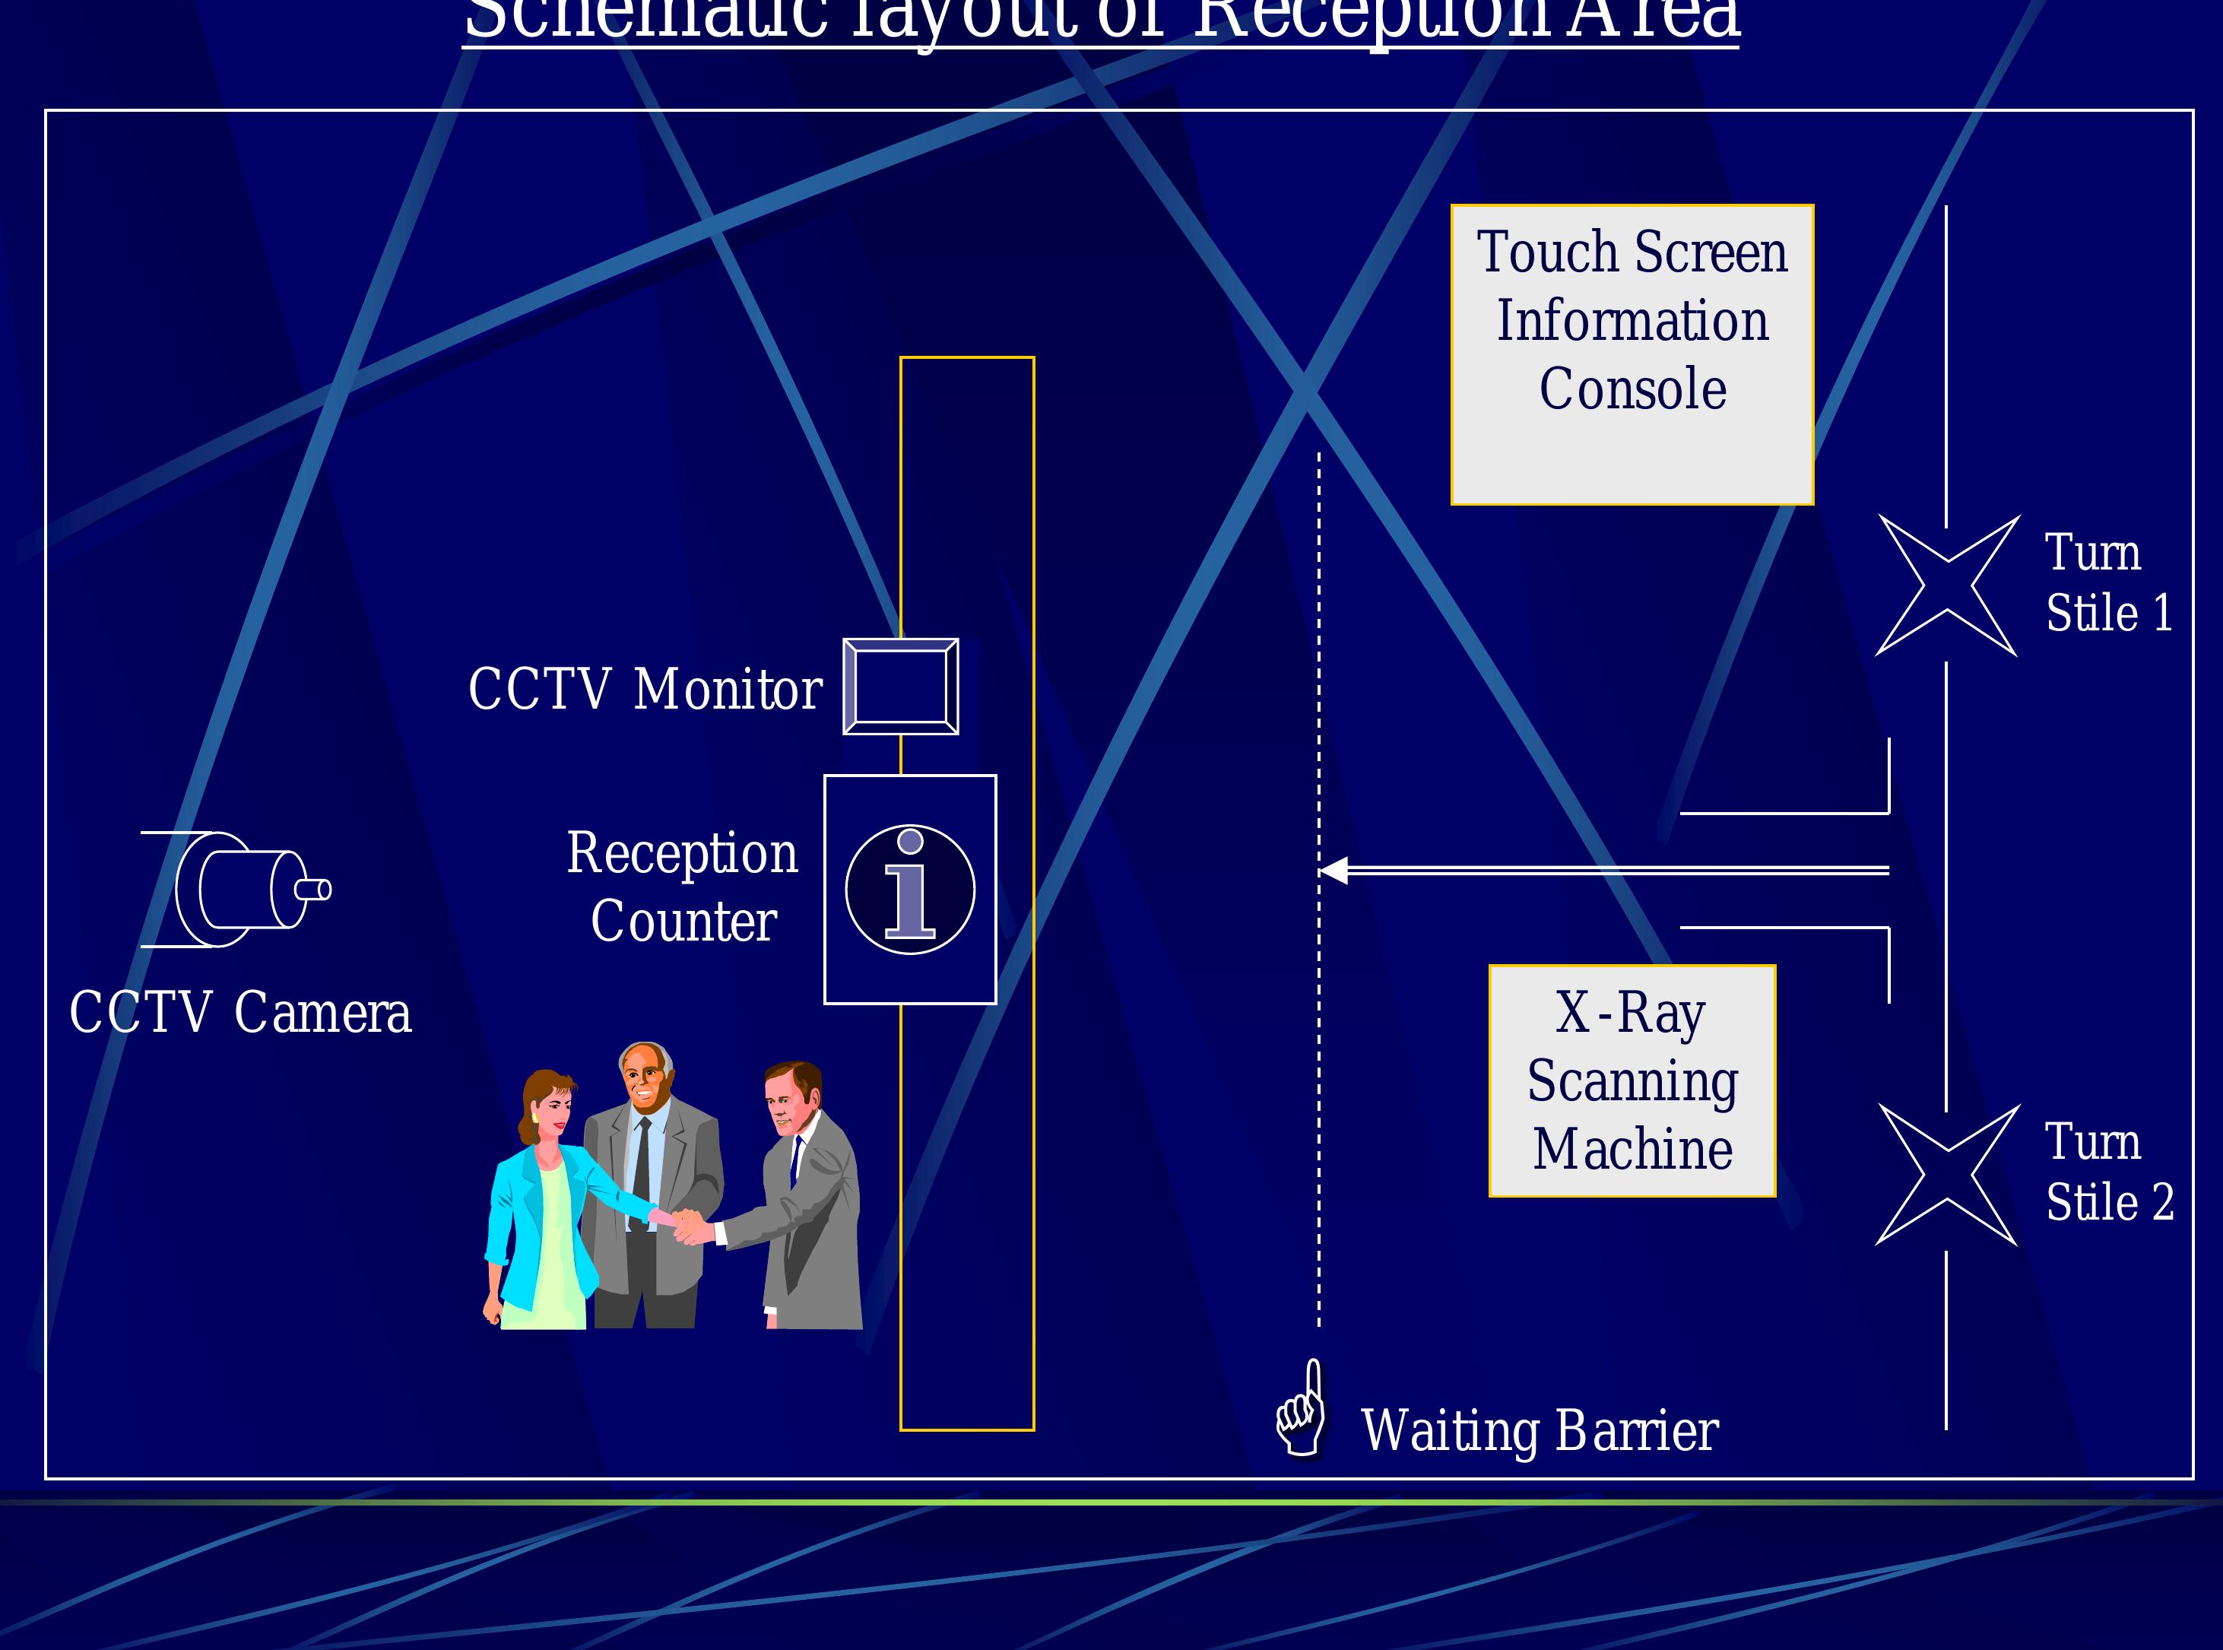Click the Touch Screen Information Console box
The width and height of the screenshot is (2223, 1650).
[x=1632, y=354]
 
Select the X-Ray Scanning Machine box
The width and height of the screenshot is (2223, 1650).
[x=1632, y=1080]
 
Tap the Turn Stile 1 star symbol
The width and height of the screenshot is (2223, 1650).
[x=1946, y=585]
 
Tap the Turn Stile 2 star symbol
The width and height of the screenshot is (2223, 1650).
[x=1946, y=1175]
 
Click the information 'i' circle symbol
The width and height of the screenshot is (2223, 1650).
[x=910, y=889]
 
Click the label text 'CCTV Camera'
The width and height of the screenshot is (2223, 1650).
[x=239, y=1012]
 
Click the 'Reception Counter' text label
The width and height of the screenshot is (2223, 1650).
[x=683, y=886]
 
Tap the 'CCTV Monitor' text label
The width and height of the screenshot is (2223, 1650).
[x=645, y=689]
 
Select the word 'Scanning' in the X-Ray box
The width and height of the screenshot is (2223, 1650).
[x=1632, y=1080]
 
